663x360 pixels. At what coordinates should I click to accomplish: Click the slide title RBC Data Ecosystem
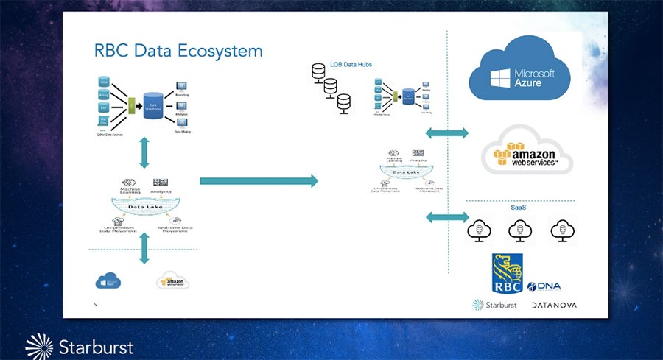178,51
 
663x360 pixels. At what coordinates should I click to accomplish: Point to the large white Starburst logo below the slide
80,346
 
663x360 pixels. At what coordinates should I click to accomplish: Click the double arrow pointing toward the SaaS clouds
447,217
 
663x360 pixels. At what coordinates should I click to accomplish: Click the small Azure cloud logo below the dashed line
108,280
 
